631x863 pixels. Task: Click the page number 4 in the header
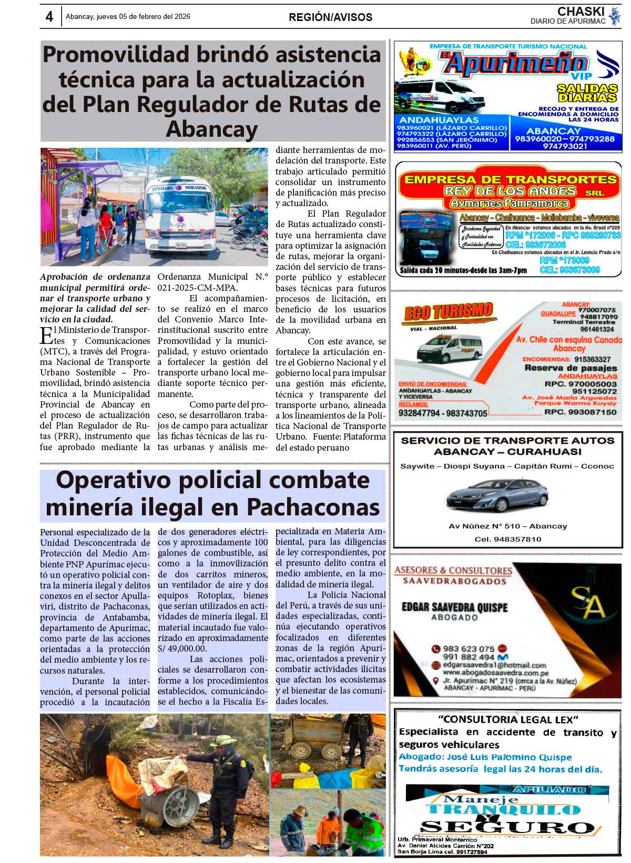coord(49,17)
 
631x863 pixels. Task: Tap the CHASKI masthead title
coord(581,12)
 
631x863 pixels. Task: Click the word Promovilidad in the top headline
coord(116,55)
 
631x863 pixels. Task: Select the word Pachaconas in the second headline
coord(313,507)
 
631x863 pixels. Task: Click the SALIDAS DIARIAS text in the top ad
coord(587,93)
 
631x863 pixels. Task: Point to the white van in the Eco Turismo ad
coord(450,348)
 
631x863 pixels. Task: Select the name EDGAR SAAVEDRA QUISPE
coord(455,607)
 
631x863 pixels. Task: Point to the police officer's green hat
coord(227,740)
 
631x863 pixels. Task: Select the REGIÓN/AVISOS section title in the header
coord(330,17)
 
